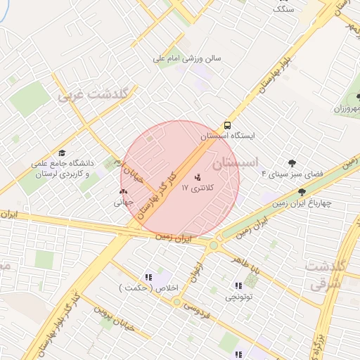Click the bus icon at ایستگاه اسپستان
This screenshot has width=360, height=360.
[226, 124]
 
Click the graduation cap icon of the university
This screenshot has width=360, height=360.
[62, 153]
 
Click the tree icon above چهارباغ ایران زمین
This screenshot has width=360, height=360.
[302, 192]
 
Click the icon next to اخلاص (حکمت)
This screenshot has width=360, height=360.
[148, 277]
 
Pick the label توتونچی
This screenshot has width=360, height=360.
[238, 297]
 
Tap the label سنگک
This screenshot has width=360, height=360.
[283, 8]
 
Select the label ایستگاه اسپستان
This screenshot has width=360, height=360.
[228, 136]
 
